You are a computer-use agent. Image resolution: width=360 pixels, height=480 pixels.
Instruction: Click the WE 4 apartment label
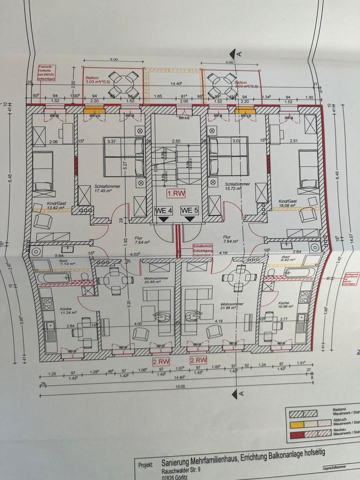click(x=163, y=210)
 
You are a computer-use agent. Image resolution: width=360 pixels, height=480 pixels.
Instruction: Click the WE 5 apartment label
click(x=189, y=210)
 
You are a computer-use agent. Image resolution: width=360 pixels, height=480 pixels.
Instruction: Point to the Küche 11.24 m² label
click(x=67, y=311)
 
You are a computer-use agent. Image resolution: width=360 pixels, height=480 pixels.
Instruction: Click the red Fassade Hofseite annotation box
click(x=49, y=72)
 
